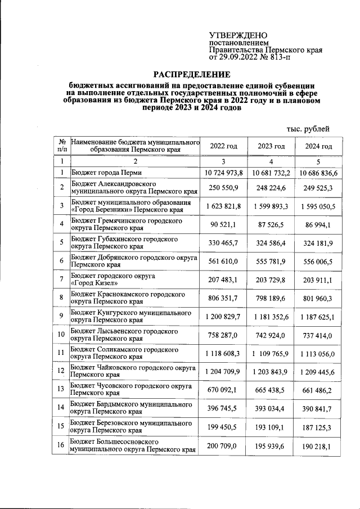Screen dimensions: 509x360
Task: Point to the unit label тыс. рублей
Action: tap(308, 129)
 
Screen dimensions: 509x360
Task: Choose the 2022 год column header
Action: tap(223, 146)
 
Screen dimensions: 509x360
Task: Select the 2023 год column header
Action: tap(272, 146)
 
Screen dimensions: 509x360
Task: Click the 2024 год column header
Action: tap(319, 146)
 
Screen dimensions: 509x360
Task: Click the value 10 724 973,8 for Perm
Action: tap(223, 173)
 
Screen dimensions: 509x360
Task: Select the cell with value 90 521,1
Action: tap(223, 226)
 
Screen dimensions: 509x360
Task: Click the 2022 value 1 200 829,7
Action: tap(223, 317)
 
